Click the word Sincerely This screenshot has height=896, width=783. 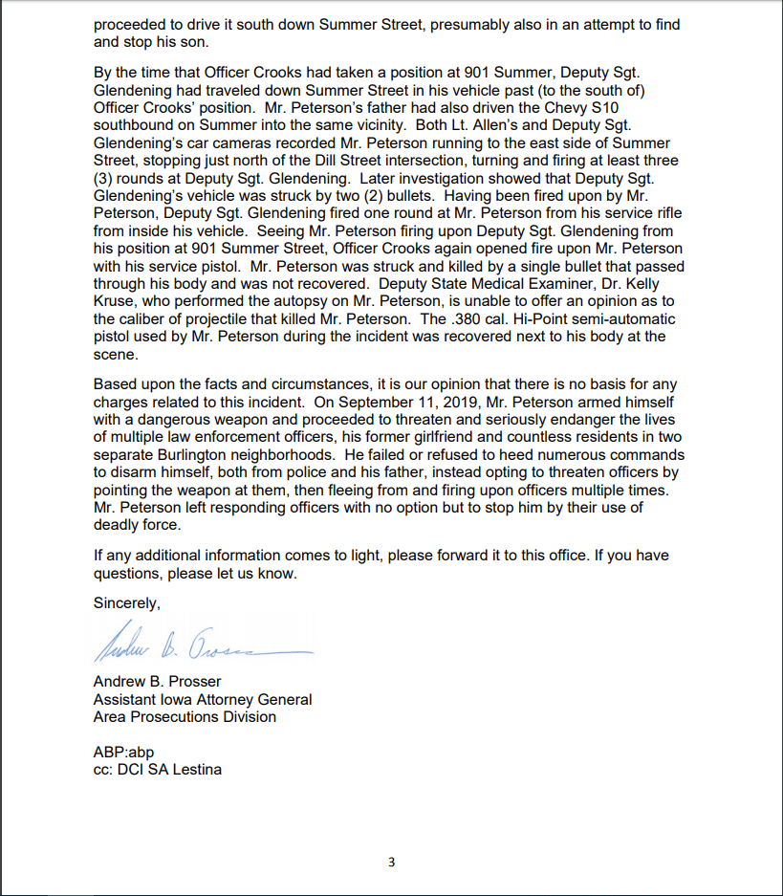[127, 603]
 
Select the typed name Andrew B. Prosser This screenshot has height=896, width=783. [157, 682]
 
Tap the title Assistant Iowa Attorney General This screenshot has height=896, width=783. [203, 699]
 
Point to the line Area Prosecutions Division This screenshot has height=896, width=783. [185, 716]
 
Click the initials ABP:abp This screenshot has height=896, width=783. [123, 752]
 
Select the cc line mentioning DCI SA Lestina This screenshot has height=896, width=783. [157, 769]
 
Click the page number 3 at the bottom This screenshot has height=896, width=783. [391, 863]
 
